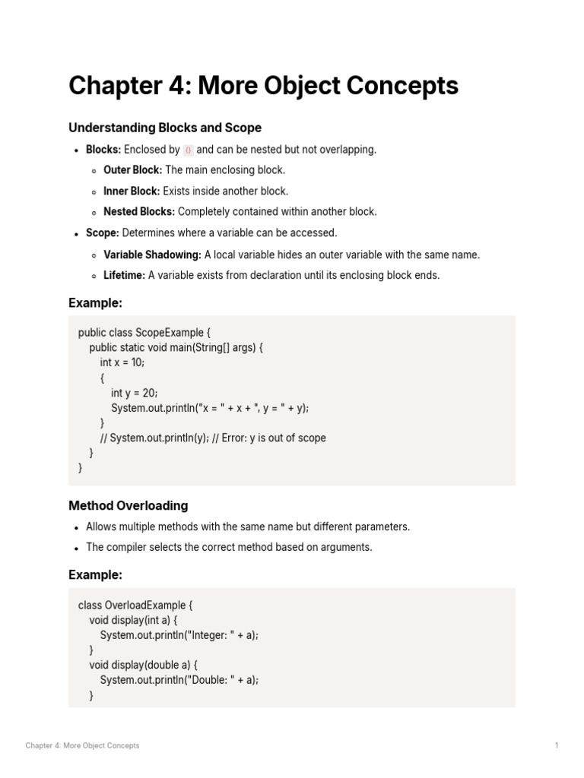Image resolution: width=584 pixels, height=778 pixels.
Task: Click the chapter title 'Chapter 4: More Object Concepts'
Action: pos(263,87)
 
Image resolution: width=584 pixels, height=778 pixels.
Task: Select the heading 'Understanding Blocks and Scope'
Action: pos(165,128)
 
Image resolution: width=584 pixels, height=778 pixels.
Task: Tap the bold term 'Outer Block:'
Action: pos(132,170)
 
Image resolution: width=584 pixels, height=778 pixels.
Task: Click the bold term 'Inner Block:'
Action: pos(132,191)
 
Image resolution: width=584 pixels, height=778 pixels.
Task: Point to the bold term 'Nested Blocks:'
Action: pos(139,212)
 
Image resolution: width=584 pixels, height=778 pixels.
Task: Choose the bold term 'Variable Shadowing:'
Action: pos(152,255)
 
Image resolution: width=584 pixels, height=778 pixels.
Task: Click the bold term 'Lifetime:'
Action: pos(124,275)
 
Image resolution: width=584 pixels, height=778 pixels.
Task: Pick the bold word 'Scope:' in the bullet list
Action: pos(103,233)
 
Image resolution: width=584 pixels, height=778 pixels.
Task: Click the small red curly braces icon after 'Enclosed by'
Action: pos(189,150)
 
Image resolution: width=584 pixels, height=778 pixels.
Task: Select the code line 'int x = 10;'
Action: pos(122,362)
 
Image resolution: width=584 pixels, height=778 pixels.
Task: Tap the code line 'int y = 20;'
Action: pos(133,393)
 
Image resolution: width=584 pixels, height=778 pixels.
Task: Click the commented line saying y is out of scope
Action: pos(212,438)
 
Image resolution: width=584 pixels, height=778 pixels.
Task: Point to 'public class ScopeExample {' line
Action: pos(144,332)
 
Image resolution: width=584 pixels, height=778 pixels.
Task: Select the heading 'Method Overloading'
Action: pos(128,505)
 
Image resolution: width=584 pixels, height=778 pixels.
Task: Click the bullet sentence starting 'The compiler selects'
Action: pos(229,547)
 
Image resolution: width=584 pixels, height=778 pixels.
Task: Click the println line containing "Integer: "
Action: pos(179,634)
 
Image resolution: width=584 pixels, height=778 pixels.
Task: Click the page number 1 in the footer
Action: pos(557,745)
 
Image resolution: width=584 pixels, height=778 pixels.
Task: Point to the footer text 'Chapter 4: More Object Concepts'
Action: pos(82,745)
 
